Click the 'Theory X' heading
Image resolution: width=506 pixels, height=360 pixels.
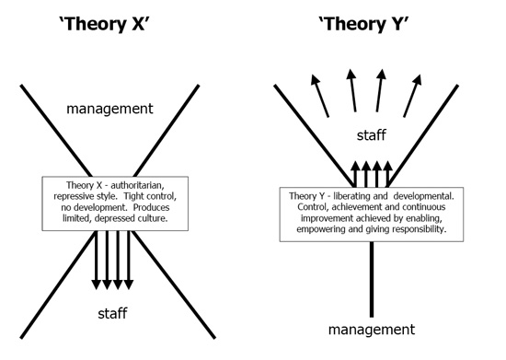(x=104, y=24)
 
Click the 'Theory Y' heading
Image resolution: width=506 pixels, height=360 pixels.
(x=363, y=24)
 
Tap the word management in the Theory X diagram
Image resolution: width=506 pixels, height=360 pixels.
(x=109, y=109)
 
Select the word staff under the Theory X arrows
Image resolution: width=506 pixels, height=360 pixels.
(x=112, y=313)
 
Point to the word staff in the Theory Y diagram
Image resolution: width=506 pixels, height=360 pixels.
(x=371, y=135)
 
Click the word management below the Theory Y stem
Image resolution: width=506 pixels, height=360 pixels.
(x=372, y=330)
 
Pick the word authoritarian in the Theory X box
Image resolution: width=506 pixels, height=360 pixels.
(x=137, y=185)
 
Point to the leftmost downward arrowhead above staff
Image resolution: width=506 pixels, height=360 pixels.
(x=97, y=285)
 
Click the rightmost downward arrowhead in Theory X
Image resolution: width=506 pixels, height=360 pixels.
(x=129, y=285)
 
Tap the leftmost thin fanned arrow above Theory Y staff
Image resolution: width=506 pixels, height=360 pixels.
(x=320, y=96)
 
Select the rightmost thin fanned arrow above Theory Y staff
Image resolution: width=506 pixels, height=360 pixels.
(x=413, y=96)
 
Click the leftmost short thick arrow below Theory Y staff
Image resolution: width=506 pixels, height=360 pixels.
(x=355, y=174)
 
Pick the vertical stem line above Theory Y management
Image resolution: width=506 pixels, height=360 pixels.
(x=372, y=279)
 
